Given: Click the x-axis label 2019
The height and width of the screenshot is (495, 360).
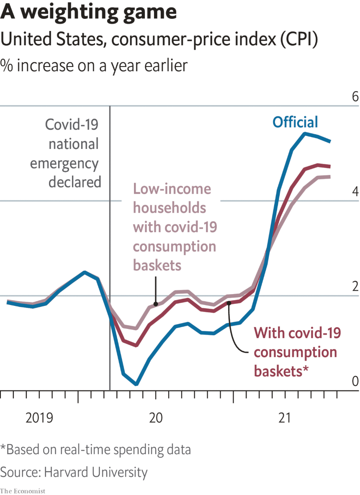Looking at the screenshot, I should [x=39, y=417].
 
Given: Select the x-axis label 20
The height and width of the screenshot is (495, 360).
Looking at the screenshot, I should [x=156, y=417].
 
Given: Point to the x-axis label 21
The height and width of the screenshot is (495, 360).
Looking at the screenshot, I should [x=284, y=417].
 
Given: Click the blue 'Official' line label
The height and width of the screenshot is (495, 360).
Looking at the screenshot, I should [x=295, y=122].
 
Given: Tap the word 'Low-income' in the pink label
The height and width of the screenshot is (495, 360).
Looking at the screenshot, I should [x=172, y=189].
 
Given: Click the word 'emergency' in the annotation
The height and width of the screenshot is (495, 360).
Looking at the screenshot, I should [x=64, y=163].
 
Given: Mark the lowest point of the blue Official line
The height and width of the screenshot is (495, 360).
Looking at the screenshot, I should [x=136, y=384].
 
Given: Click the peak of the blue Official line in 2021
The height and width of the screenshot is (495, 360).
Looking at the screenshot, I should [x=305, y=133].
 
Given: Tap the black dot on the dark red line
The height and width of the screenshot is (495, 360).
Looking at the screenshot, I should [x=229, y=303].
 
